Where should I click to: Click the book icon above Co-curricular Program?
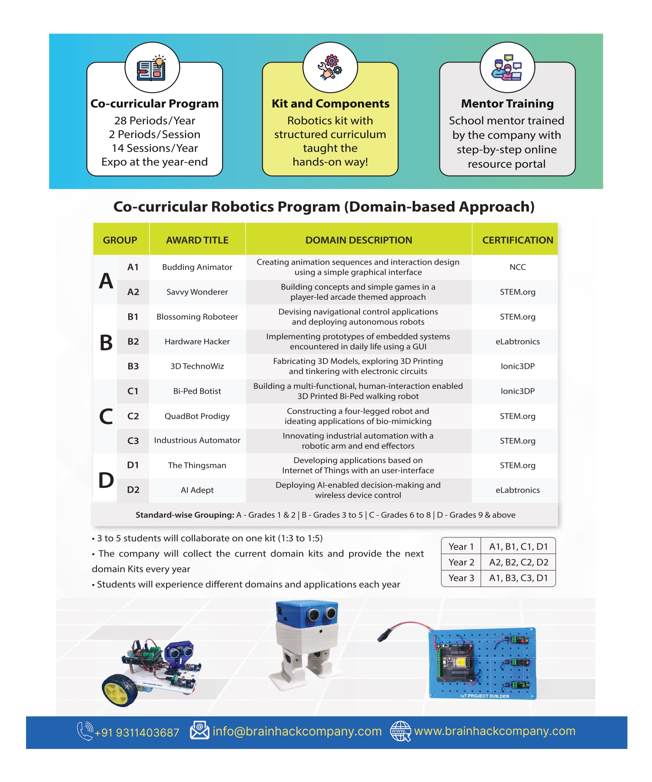152,68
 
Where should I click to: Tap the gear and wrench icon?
330,67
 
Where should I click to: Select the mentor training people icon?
507,68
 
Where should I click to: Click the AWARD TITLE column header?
197,240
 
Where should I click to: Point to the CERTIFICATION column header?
517,240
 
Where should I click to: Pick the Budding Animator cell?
197,267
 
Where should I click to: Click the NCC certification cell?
517,267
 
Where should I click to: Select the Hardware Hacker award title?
197,341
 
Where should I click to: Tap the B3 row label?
133,366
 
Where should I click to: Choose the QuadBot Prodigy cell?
197,416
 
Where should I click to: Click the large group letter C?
106,416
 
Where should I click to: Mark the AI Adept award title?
197,490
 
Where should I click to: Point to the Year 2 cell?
461,562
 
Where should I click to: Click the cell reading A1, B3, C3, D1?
519,578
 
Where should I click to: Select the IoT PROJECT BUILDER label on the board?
485,696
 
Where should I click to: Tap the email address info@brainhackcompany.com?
297,732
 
